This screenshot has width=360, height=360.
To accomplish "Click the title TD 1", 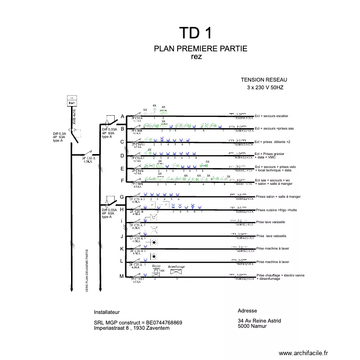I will coord(195,33).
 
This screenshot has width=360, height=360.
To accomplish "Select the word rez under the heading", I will coord(196,57).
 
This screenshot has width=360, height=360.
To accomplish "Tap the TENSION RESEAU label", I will coord(264,81).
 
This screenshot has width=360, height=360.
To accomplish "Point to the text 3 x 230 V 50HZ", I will coord(265,88).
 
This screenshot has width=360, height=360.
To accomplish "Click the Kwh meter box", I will coord(71,101).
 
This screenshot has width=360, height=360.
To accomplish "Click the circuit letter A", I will coord(122,117).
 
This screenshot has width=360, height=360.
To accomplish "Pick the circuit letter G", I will coord(122,197).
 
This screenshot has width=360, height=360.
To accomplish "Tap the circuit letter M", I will coord(122,276).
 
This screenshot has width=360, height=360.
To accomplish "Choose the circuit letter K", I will coord(122,249).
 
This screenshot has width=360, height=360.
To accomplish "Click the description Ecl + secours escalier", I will coord(272,116).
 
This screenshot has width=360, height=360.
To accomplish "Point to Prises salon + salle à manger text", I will coord(278,197).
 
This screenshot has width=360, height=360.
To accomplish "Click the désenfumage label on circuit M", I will coord(176,266).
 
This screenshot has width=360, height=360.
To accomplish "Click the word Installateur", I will coord(107,312).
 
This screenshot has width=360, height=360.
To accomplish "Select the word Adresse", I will coord(247,311).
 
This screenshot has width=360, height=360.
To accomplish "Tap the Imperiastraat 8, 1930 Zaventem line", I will coord(132,328).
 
